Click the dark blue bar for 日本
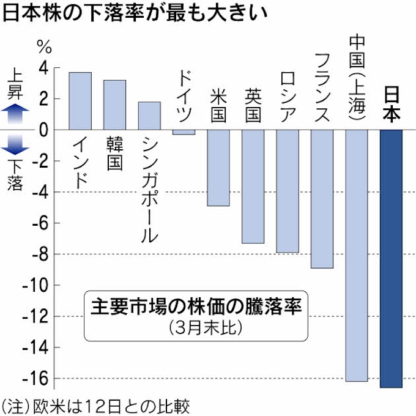point(391,258)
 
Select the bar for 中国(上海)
point(357,255)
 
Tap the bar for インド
point(80,101)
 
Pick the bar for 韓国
point(114,105)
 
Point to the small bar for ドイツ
point(184,132)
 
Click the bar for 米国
point(218,168)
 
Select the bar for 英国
point(253,187)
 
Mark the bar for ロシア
point(288,191)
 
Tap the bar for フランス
point(322,199)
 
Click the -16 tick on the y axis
point(39,379)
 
